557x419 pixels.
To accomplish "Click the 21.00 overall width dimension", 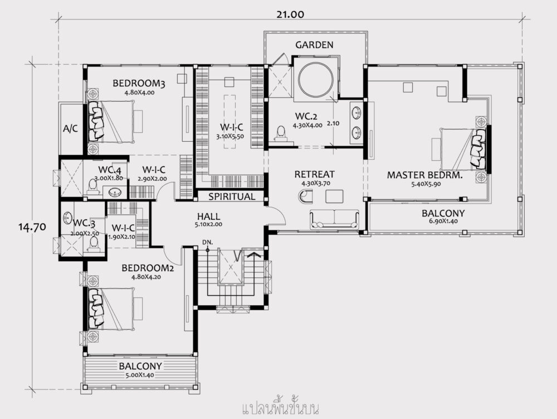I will [289, 15].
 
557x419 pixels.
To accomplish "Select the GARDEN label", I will [314, 45].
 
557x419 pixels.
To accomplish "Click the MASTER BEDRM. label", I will [425, 175].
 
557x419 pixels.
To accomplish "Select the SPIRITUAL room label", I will [231, 196].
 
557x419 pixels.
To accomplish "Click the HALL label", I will [208, 216].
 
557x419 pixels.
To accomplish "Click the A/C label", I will [71, 128].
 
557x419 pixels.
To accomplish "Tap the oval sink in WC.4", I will [116, 193].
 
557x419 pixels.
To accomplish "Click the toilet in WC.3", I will [94, 244].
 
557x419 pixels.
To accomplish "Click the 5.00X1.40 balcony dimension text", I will [140, 375].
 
